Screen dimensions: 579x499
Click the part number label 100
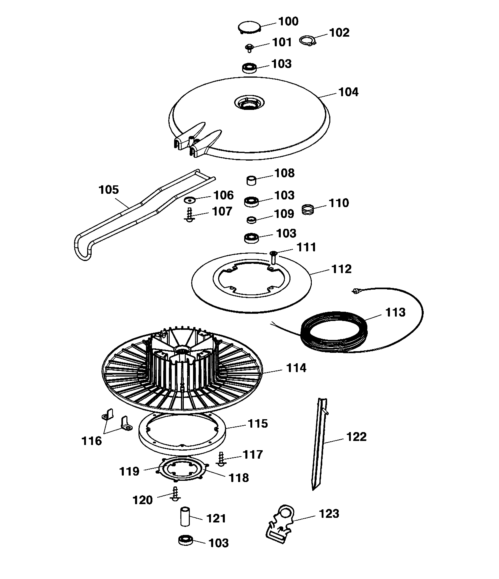tap(288, 22)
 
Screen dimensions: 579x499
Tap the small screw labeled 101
tap(249, 48)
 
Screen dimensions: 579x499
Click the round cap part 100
tap(249, 27)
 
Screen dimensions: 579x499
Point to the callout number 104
tap(348, 92)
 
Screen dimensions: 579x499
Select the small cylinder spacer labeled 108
tap(252, 180)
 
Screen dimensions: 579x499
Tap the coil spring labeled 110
tap(308, 210)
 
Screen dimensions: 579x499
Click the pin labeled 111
tap(273, 257)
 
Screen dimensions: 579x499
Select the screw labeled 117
tap(221, 459)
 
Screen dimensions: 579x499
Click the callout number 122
tap(356, 437)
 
